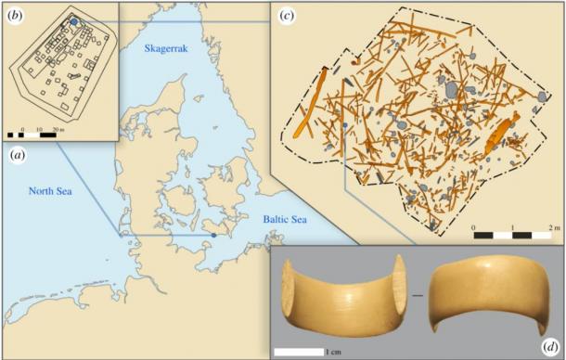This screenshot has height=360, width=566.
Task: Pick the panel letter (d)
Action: (546, 344)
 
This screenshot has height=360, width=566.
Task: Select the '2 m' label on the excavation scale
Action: (553, 227)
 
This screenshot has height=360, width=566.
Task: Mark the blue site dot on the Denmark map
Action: (214, 236)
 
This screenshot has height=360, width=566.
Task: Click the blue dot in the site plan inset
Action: (73, 20)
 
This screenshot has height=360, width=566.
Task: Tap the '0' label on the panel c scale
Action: (474, 227)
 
